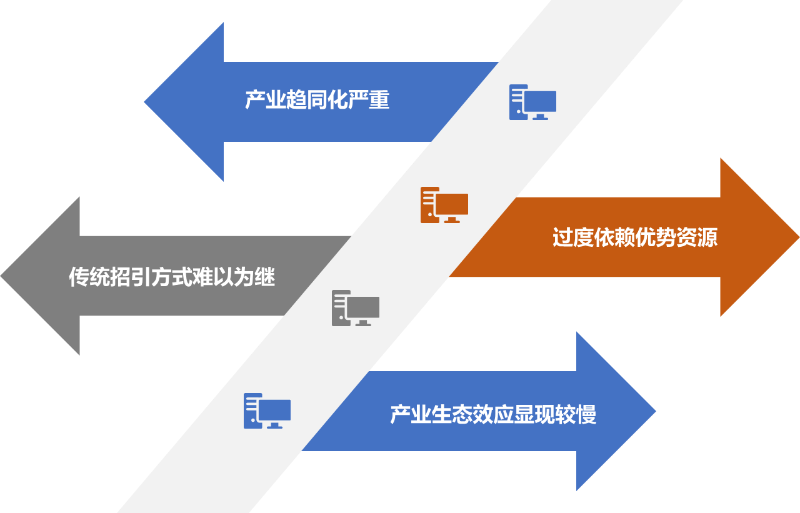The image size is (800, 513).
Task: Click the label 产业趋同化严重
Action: [x=317, y=101]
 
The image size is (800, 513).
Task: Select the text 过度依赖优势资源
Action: [x=634, y=237]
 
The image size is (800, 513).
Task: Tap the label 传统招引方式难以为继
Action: [x=172, y=277]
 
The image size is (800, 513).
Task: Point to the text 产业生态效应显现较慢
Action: [x=493, y=414]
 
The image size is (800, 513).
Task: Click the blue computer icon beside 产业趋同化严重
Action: [x=532, y=102]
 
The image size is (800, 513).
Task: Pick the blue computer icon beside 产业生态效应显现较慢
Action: [x=267, y=411]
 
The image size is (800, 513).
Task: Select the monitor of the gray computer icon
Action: [x=362, y=308]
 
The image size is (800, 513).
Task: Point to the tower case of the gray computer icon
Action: [x=339, y=308]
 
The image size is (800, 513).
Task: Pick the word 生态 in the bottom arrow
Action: [x=451, y=414]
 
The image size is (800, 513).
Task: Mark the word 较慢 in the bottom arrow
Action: [x=576, y=414]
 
